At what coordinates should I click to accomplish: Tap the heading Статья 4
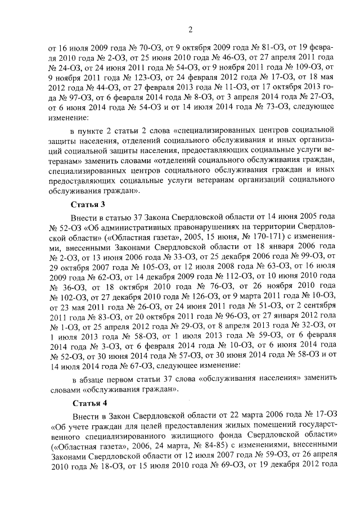89,403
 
